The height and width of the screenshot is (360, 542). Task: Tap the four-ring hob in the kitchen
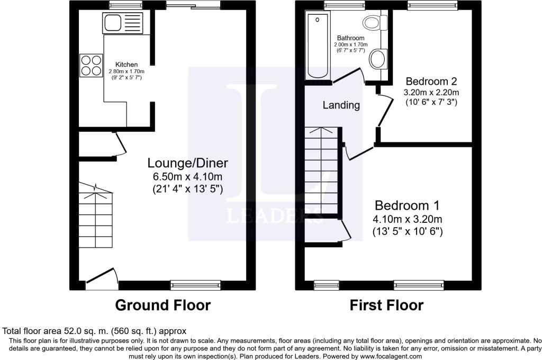91,65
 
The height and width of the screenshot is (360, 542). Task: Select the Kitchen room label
127,65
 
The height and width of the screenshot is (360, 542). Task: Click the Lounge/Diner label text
187,163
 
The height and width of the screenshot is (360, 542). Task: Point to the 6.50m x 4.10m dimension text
187,176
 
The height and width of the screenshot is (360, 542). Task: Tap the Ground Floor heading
162,305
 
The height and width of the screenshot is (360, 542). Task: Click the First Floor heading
386,305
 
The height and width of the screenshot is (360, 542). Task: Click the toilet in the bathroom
373,23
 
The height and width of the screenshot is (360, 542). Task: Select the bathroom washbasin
378,59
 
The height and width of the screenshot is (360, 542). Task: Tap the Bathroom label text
350,38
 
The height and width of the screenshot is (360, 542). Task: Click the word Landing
341,105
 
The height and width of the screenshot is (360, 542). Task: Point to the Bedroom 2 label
431,82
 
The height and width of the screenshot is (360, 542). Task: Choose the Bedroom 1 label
407,205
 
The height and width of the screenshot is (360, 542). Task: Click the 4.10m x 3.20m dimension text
407,219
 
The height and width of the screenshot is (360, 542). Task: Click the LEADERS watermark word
274,216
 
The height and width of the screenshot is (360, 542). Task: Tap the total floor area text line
94,331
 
